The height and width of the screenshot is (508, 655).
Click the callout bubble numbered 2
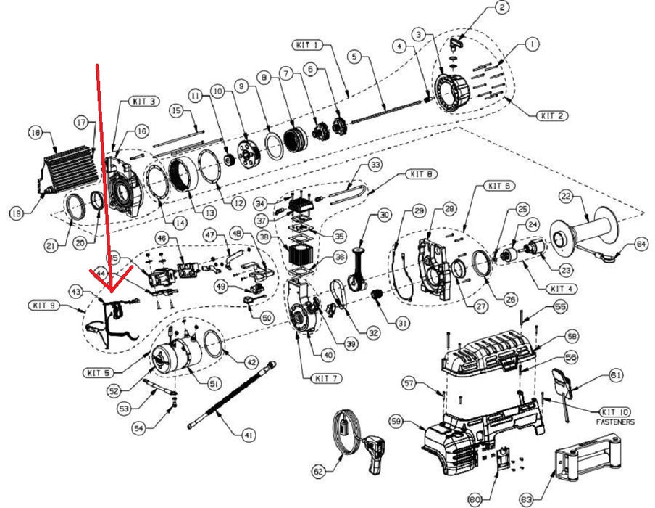tap(503, 9)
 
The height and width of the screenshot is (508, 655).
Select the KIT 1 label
tap(308, 45)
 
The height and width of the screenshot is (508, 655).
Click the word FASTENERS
tap(615, 422)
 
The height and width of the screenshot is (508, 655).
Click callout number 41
tap(249, 435)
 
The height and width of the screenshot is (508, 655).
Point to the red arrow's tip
tap(111, 291)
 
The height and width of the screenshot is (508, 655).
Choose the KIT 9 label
tap(43, 305)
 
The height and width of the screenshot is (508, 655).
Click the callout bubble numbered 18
tap(34, 133)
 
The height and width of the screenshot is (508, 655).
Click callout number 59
tap(416, 420)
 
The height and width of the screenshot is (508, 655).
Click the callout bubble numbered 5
tap(354, 55)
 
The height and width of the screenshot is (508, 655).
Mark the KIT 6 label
tap(499, 187)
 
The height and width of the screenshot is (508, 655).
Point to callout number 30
tap(384, 215)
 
